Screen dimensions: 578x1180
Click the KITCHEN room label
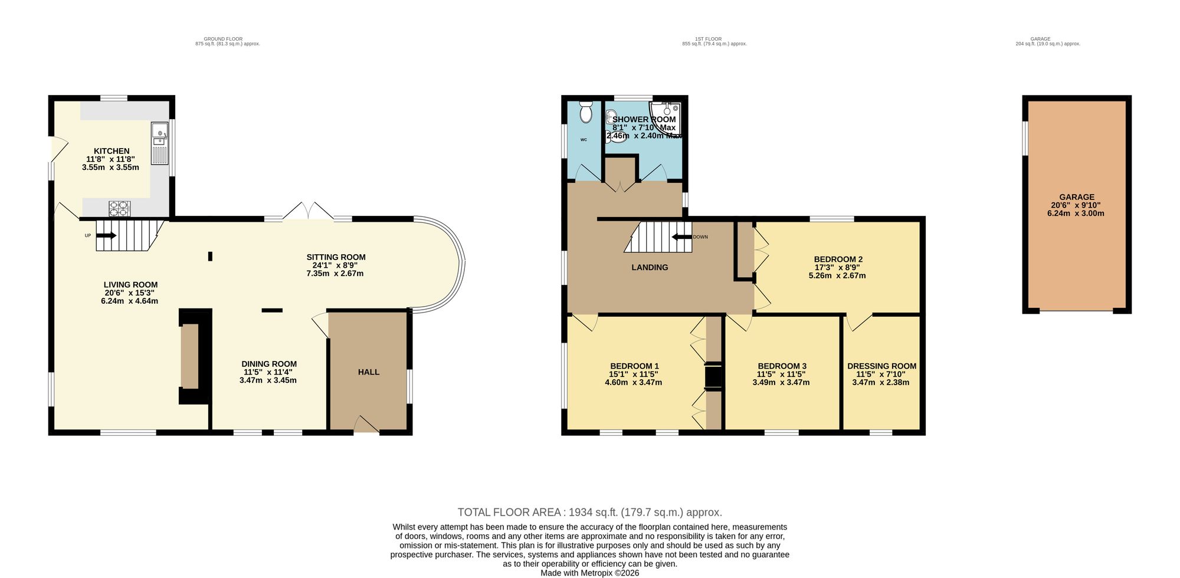point(112,151)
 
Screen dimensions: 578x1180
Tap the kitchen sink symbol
point(159,143)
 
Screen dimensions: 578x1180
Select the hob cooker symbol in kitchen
point(120,208)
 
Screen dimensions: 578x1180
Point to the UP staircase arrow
point(106,235)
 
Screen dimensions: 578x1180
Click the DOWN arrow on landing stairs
point(682,237)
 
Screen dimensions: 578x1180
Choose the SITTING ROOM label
point(336,257)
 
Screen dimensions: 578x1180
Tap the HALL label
point(369,372)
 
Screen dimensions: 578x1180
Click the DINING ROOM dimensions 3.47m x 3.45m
point(268,380)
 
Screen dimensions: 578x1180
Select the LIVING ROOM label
point(130,284)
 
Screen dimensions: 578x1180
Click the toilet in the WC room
point(585,112)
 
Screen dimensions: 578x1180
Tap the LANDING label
point(650,267)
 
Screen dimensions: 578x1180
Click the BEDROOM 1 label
point(634,366)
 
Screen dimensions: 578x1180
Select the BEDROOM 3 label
point(782,366)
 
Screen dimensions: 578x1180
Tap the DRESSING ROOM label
point(881,366)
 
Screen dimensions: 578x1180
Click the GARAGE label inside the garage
point(1076,197)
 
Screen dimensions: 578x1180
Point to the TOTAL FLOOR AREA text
point(589,513)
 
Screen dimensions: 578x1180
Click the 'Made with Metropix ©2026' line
point(589,573)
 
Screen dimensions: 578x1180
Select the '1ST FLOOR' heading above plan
point(714,39)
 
